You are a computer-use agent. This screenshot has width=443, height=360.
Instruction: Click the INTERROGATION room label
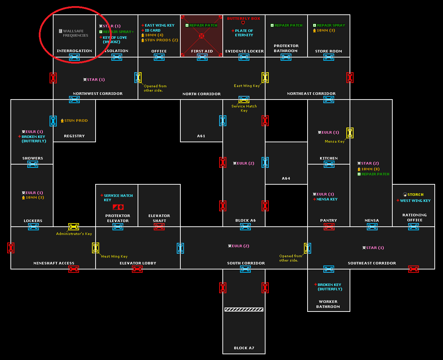[x=74, y=51]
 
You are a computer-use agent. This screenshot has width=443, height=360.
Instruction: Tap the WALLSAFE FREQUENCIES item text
[x=75, y=33]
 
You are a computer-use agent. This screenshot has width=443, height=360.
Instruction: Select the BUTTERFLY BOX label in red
[x=244, y=19]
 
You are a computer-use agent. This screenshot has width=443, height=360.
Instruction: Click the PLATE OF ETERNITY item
[x=244, y=33]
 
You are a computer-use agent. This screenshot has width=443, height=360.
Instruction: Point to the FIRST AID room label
[x=202, y=51]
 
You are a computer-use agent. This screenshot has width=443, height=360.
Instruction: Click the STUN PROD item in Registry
[x=76, y=121]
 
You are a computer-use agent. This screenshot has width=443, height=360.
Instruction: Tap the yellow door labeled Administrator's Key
[x=74, y=227]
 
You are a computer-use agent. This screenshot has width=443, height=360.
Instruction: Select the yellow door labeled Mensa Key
[x=350, y=133]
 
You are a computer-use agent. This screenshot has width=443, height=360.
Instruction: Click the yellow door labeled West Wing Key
[x=96, y=248]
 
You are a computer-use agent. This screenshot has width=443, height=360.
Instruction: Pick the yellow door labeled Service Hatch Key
[x=244, y=100]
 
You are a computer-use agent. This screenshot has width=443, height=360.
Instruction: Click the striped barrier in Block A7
[x=244, y=309]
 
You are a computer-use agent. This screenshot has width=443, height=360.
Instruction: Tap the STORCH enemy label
[x=415, y=195]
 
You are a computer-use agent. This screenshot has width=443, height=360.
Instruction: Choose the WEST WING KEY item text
[x=415, y=201]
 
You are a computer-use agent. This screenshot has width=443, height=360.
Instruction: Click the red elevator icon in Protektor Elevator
[x=118, y=207]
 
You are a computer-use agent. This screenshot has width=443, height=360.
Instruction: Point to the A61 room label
[x=201, y=136]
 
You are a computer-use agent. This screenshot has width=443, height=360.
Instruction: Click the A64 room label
[x=286, y=179]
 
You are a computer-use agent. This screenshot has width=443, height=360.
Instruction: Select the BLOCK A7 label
[x=244, y=348]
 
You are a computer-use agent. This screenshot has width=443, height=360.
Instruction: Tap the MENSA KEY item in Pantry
[x=327, y=199]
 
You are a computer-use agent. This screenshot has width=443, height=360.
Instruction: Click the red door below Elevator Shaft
[x=159, y=227]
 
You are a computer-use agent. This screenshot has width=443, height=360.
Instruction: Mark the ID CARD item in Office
[x=152, y=31]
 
